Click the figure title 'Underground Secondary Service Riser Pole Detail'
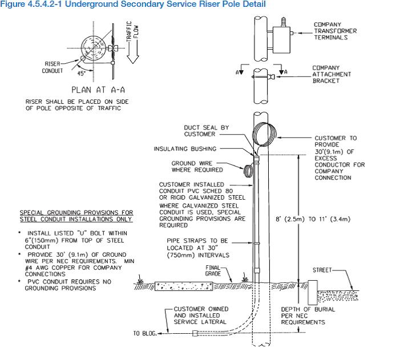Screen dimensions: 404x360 [165, 4]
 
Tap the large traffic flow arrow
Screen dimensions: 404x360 [133, 52]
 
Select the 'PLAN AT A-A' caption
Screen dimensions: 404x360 [98, 90]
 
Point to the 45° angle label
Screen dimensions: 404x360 [82, 74]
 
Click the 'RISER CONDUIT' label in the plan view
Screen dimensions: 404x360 [52, 67]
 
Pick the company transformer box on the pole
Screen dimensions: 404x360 [281, 40]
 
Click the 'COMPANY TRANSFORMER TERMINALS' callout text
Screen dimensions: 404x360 [335, 31]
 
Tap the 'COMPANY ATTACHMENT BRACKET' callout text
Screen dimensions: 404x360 [332, 74]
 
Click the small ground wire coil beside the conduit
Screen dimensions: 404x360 [248, 171]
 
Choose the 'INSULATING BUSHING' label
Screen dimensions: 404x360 [185, 149]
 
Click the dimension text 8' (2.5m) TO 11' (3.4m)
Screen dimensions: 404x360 [313, 219]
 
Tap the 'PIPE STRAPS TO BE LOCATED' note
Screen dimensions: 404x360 [198, 248]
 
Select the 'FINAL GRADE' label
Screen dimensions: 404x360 [213, 270]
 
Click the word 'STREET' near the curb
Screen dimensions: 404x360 [322, 270]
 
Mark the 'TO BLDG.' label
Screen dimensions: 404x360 [145, 333]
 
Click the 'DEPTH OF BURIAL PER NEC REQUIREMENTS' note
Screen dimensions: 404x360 [308, 315]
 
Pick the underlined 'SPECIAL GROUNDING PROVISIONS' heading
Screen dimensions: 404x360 [76, 216]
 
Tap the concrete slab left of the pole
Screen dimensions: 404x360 [184, 286]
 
